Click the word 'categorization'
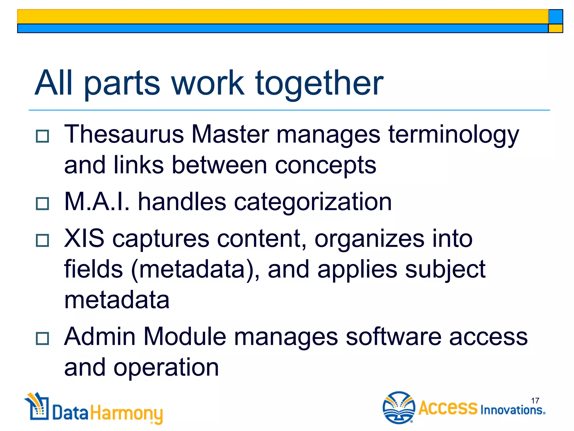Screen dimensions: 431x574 [x=313, y=202]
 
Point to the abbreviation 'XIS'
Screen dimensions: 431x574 [x=84, y=239]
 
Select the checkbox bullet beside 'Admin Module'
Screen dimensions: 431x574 [x=42, y=338]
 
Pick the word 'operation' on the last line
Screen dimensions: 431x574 [x=166, y=368]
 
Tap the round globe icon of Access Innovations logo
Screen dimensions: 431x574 [x=399, y=407]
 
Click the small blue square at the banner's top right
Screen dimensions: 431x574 [x=556, y=17]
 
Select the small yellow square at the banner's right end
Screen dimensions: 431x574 [x=556, y=28]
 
